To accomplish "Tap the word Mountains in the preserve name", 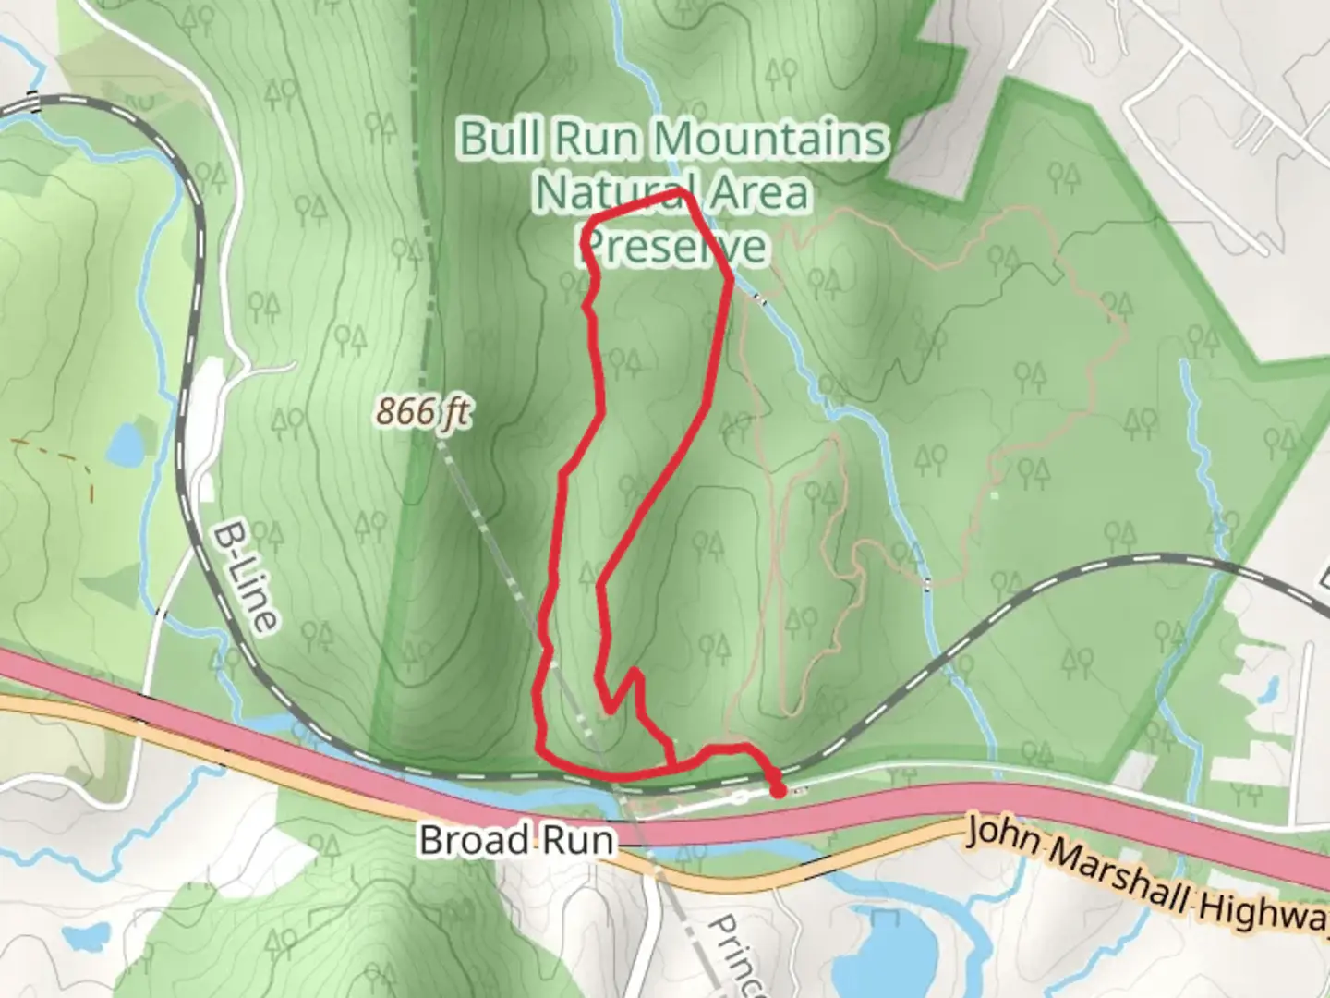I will coord(771,139).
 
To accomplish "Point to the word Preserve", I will coord(675,246).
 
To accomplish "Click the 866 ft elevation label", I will coord(422,411).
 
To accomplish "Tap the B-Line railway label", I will coord(245,578).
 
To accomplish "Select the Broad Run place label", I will coord(516,840).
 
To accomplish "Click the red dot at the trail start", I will coord(778,790).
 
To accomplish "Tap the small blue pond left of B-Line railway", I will coord(124,444).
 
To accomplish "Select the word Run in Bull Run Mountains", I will coord(596,139).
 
